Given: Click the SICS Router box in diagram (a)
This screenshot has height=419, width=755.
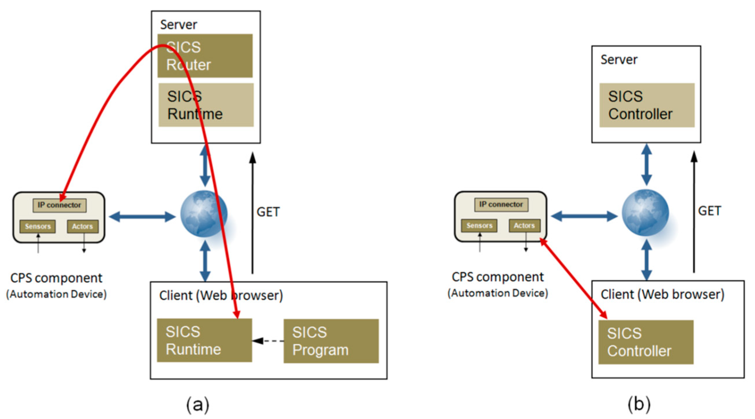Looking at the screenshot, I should point(205,56).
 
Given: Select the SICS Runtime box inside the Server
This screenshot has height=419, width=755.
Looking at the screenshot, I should point(206,105).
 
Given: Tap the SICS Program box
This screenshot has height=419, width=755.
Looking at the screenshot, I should point(331,341).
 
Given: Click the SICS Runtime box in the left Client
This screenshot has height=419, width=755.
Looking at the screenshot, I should point(204,341).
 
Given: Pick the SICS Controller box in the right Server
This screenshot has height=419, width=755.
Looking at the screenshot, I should point(647,105).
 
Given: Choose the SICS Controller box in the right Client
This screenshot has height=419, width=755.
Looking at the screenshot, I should point(646,342).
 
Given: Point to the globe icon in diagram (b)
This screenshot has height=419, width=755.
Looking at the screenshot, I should point(645,213).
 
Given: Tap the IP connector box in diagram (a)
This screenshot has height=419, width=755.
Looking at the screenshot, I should point(59,205).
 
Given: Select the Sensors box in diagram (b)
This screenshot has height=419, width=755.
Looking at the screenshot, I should point(479,226).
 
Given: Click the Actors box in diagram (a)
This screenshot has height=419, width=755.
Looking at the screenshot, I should point(83,226).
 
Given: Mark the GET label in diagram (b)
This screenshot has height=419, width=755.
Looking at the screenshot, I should point(709,211).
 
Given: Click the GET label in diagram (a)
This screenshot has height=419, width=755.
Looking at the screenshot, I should point(268,212).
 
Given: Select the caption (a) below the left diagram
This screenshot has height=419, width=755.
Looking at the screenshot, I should point(198,404).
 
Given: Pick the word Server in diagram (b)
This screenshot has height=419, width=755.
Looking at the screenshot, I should point(619,60).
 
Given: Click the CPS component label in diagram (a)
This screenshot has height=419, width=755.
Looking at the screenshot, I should point(56,278).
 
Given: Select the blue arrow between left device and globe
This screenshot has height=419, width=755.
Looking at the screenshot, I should point(142,217).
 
